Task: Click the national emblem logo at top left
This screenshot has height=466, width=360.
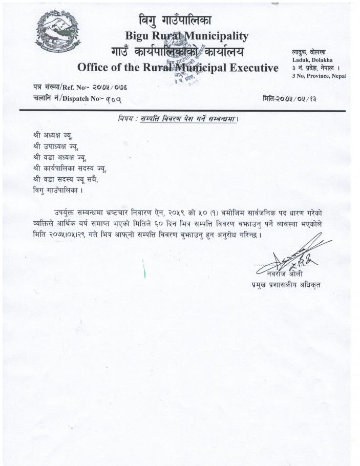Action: pos(58,31)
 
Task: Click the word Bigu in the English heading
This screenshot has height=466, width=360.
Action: pos(137,36)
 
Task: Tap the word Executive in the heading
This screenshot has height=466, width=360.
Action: pos(250,68)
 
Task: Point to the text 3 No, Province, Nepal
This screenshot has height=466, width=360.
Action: pos(319,76)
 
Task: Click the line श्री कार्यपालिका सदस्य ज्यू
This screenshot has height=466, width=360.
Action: pos(69,168)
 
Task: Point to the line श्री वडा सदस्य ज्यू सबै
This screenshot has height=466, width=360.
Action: pos(65,179)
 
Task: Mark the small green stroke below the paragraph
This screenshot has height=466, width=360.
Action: pos(144,268)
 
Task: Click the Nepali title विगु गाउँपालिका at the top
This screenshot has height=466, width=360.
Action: pos(175,20)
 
